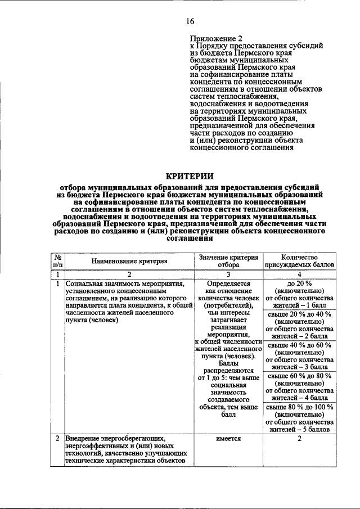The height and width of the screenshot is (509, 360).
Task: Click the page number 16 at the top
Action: pyautogui.click(x=190, y=21)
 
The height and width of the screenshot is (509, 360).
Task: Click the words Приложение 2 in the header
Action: pyautogui.click(x=214, y=38)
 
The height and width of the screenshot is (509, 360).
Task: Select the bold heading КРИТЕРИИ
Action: pyautogui.click(x=190, y=175)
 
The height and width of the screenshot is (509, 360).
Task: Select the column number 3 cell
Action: pyautogui.click(x=229, y=274)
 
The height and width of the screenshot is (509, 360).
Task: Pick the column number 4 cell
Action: pyautogui.click(x=299, y=274)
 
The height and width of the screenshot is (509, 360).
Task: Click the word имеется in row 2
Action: pyautogui.click(x=229, y=439)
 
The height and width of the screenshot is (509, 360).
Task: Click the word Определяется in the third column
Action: pyautogui.click(x=229, y=285)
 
